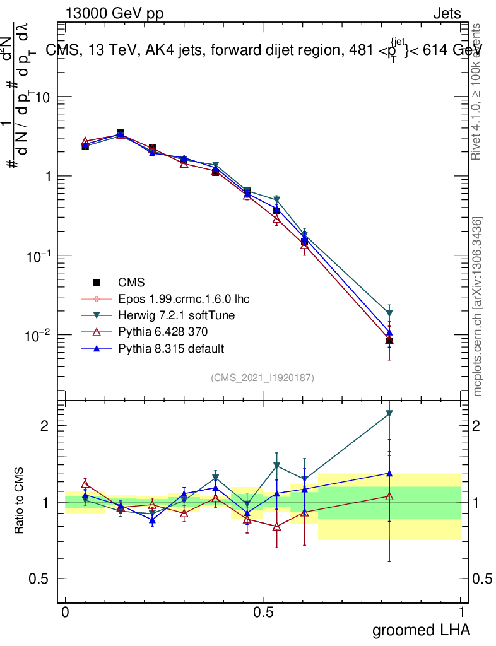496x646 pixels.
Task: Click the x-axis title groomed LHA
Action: (x=420, y=630)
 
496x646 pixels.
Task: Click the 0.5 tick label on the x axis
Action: (x=263, y=612)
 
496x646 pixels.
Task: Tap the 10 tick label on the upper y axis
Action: (x=44, y=97)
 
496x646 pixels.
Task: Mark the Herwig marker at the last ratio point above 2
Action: (x=389, y=414)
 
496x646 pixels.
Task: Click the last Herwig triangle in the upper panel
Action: (x=389, y=314)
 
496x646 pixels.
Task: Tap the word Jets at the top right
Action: (x=447, y=14)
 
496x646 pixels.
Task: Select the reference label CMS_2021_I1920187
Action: (x=263, y=377)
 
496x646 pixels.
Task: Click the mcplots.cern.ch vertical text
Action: (x=478, y=307)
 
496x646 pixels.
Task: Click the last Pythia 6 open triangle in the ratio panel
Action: (x=389, y=496)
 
